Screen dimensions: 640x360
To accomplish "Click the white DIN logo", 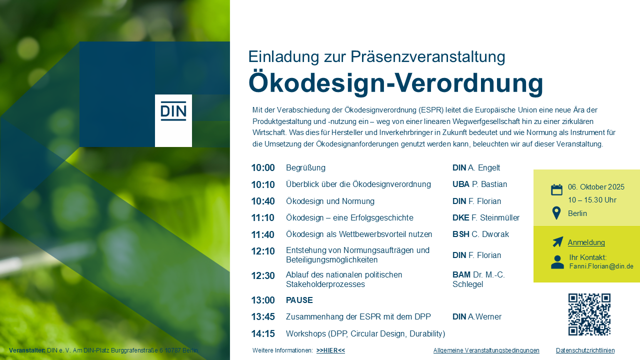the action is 173,120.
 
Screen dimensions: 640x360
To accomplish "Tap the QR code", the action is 589,314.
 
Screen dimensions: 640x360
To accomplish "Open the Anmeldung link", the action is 586,242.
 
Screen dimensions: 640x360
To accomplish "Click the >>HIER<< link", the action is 330,350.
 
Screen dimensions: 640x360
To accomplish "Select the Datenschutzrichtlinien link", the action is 585,350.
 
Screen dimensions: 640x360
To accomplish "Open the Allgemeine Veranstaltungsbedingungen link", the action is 486,350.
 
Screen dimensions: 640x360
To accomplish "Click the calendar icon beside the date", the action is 556,189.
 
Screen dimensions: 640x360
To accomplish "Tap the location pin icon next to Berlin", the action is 556,213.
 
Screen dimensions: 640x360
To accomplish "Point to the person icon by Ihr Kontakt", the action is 557,262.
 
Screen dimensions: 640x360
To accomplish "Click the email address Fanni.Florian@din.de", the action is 601,266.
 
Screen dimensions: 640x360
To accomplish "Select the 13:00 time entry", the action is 263,300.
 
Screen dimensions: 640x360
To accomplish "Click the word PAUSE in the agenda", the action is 299,300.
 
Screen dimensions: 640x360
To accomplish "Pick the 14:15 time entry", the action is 263,333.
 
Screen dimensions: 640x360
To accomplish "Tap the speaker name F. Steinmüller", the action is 495,217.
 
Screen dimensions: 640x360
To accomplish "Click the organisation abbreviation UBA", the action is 461,184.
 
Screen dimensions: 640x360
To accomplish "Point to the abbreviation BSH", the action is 461,234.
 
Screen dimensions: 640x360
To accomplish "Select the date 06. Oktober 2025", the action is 596,187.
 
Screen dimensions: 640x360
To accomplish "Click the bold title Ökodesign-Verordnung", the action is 395,83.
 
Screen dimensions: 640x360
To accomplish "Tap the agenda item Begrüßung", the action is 305,167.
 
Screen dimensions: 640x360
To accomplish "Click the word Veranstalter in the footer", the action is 27,350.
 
